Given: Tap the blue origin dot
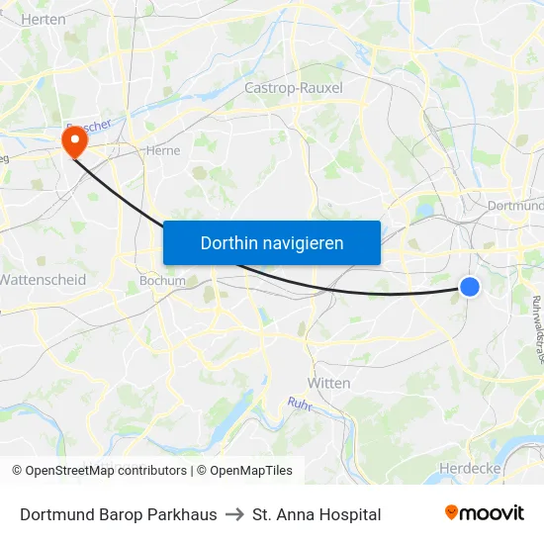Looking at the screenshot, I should click(x=470, y=287).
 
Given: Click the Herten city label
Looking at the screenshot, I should click(x=43, y=19).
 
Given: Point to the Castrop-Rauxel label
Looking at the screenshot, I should click(x=293, y=88).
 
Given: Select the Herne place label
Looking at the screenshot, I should click(x=162, y=151).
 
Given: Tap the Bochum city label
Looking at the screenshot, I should click(x=162, y=280).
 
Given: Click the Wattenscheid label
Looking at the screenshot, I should click(x=44, y=280).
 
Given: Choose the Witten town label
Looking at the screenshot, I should click(x=329, y=383).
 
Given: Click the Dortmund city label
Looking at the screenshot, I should click(x=515, y=206).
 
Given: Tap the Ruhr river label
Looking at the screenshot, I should click(x=300, y=405).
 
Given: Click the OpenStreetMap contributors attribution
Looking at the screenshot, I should click(x=106, y=471).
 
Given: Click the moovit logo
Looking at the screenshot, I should click(x=484, y=513).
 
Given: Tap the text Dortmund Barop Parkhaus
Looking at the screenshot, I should click(x=119, y=514).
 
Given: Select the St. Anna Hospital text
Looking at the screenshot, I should click(x=317, y=514).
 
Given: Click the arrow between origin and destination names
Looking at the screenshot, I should click(x=234, y=514).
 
